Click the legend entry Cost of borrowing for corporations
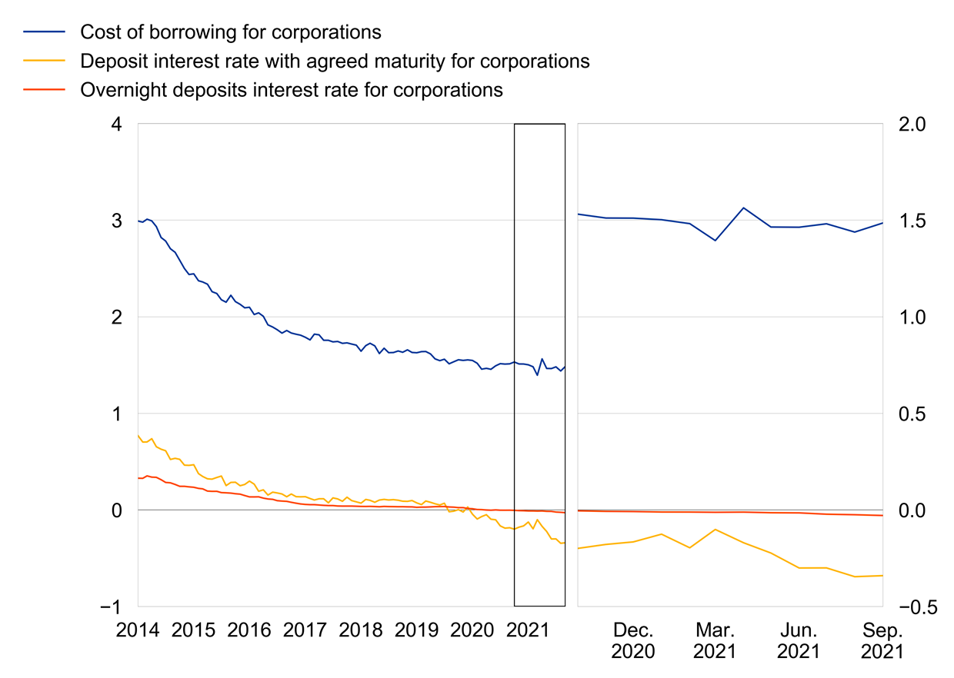coord(231,32)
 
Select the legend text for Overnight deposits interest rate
coord(291,90)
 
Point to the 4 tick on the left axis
coord(119,124)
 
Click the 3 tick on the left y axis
coord(119,221)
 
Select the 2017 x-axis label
coord(305,630)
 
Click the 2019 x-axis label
coord(416,630)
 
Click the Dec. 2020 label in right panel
coord(633,640)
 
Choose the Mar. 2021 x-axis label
coord(715,640)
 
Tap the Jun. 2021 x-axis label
coord(799,640)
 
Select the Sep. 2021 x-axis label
coord(882,640)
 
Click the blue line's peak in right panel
coord(743,208)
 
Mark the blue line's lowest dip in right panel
coord(715,241)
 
